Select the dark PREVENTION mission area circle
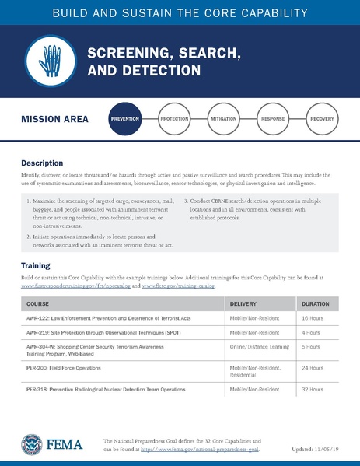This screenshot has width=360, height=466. (125, 120)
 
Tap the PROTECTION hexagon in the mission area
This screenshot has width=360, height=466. (174, 120)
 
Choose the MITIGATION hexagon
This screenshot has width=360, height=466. (223, 120)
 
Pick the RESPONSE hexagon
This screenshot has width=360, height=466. (273, 120)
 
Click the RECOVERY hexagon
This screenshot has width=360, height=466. (322, 120)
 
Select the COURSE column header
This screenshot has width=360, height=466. (38, 303)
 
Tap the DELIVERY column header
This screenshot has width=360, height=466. (243, 303)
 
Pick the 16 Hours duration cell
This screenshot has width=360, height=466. (311, 319)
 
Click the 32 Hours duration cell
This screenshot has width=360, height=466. (311, 388)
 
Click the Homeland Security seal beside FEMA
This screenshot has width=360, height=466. (31, 445)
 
